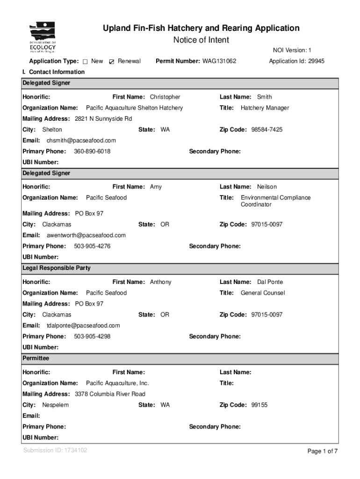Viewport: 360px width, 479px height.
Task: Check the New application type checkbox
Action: click(85, 62)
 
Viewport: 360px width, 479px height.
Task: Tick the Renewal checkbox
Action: click(111, 62)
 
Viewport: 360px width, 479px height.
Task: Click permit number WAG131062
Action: click(219, 61)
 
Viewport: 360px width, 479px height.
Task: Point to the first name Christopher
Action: click(165, 97)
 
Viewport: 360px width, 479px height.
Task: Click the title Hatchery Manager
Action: click(265, 108)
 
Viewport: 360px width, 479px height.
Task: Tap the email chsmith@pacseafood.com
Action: click(81, 140)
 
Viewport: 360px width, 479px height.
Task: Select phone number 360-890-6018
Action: click(92, 152)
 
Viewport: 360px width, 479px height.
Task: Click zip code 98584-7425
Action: click(266, 130)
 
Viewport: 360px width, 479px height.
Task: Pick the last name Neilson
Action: click(267, 187)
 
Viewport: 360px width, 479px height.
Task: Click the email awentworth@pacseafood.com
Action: click(86, 235)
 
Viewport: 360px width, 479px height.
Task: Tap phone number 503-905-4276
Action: click(92, 247)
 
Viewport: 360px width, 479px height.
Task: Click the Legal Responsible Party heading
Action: click(57, 269)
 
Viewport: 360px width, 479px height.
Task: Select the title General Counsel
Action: click(263, 293)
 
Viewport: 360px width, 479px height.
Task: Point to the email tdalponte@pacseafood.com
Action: click(83, 326)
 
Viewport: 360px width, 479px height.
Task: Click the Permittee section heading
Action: click(36, 358)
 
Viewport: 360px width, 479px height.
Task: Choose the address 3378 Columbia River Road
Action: click(110, 394)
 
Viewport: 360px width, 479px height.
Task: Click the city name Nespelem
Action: click(56, 405)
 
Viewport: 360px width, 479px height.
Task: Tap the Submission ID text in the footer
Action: click(55, 450)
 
